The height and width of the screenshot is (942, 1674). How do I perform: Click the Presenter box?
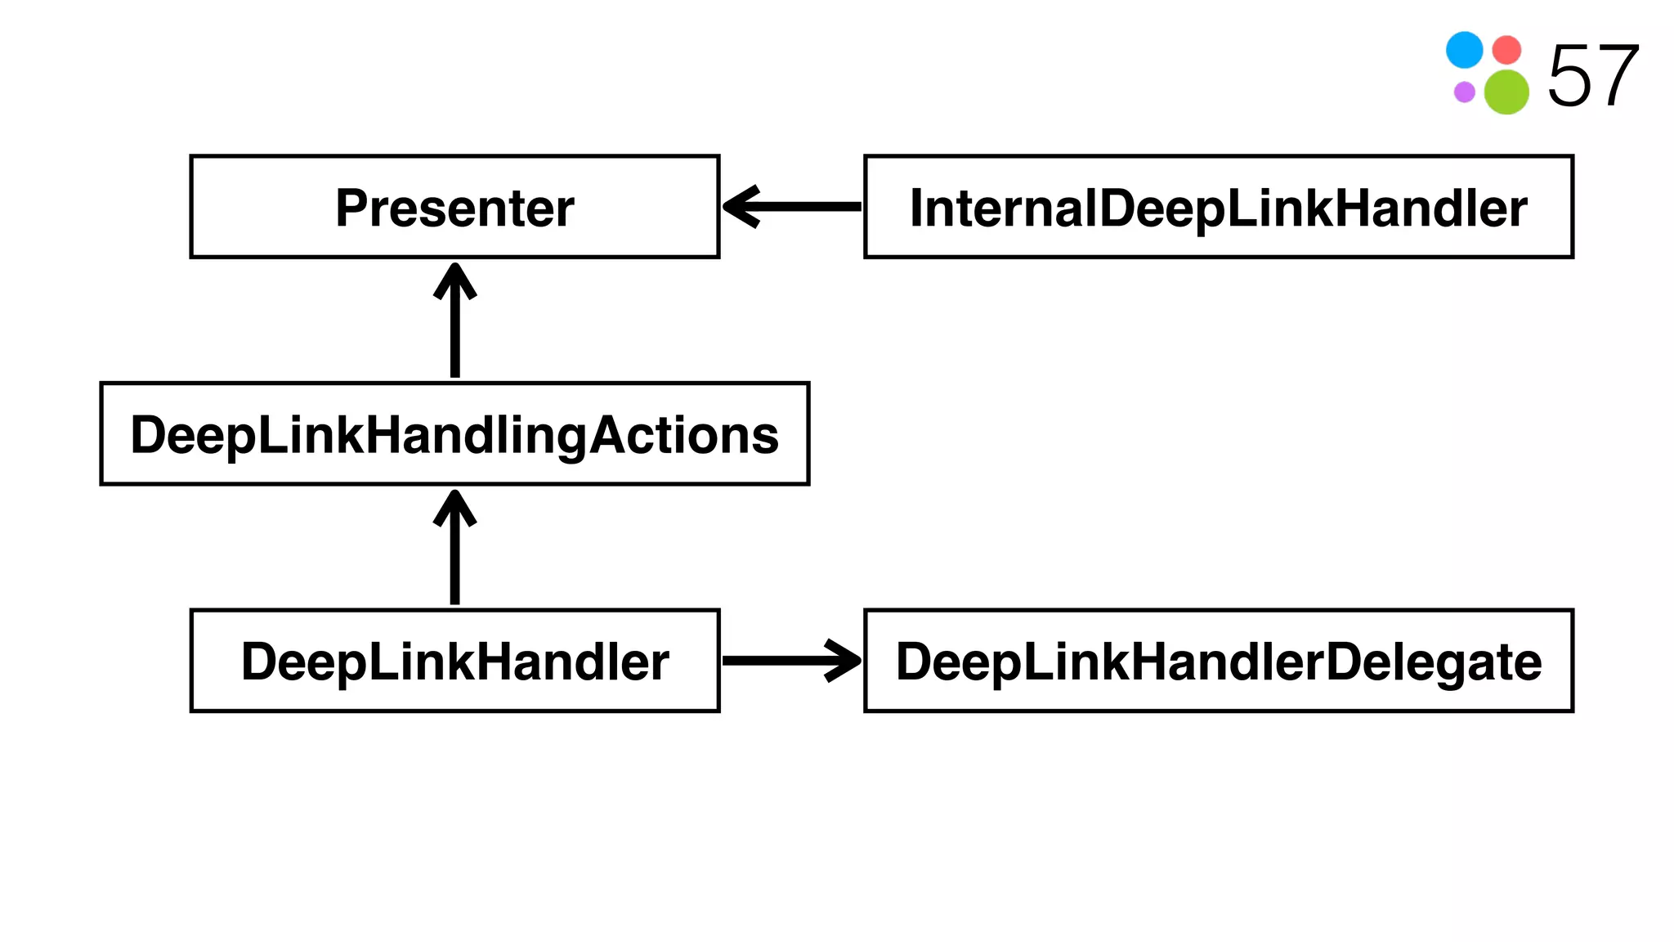[x=454, y=207]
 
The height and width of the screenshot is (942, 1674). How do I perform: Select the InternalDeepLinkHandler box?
[x=1218, y=207]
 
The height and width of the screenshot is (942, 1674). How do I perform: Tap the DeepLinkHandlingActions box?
[x=454, y=433]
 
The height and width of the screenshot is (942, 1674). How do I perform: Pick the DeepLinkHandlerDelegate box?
[x=1218, y=661]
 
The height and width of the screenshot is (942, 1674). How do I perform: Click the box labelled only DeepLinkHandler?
[x=454, y=661]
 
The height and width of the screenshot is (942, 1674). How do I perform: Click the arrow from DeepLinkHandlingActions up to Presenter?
[x=454, y=327]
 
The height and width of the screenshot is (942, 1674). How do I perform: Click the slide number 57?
[x=1592, y=76]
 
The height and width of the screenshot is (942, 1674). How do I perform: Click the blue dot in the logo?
[x=1464, y=50]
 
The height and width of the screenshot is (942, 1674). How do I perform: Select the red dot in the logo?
[x=1506, y=50]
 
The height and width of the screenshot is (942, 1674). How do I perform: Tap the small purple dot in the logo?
[x=1464, y=92]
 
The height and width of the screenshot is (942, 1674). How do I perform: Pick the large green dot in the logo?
[x=1506, y=92]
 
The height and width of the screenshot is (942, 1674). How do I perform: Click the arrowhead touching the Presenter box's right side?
[x=741, y=207]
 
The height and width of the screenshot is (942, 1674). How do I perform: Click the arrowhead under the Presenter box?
[x=454, y=280]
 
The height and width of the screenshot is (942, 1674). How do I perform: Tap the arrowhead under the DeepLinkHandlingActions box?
[x=454, y=507]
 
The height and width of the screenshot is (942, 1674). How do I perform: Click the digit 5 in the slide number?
[x=1569, y=76]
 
